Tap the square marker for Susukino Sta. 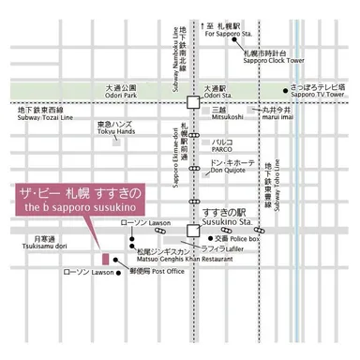pos(193,229)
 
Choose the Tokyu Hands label pos(114,127)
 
